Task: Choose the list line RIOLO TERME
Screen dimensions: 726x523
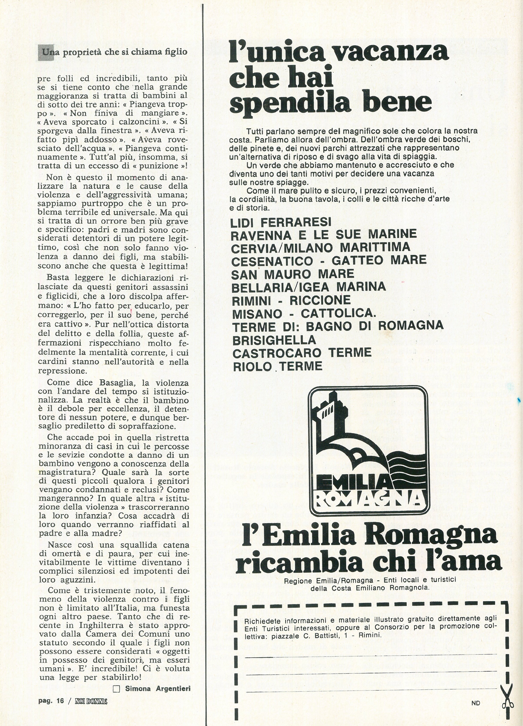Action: tap(277, 366)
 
